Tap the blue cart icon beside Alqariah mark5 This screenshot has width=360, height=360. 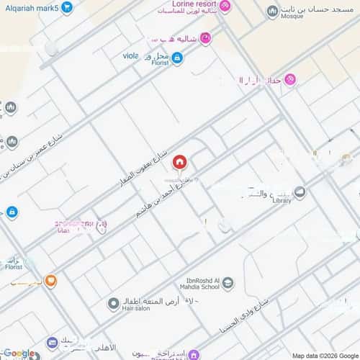click(x=67, y=7)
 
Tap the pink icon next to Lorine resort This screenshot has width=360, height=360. click(x=225, y=7)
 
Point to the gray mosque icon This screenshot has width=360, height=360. click(x=272, y=12)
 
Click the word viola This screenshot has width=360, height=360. click(x=130, y=54)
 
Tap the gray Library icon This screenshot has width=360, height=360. click(x=300, y=192)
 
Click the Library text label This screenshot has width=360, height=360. click(x=282, y=200)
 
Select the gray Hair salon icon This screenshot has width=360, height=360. click(x=113, y=305)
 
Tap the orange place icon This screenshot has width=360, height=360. click(x=50, y=280)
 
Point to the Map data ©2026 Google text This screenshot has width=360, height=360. click(x=323, y=355)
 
